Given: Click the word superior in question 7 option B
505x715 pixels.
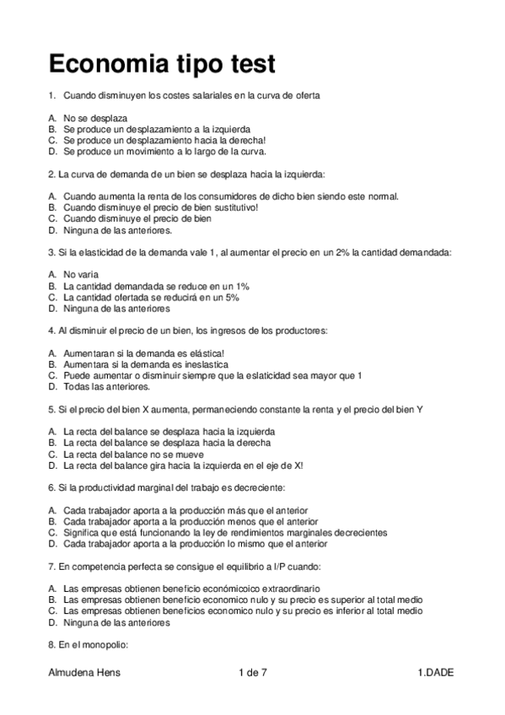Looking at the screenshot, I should [335, 599].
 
